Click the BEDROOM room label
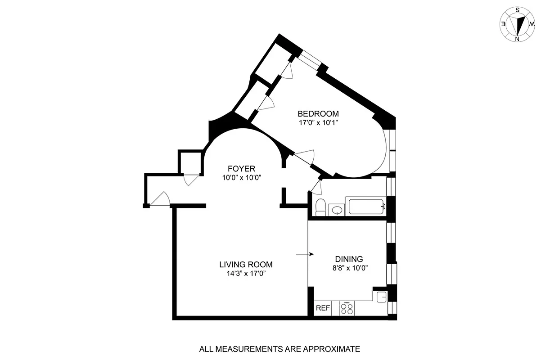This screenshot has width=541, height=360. [x=318, y=113]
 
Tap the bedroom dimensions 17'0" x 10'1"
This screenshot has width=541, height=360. [x=318, y=122]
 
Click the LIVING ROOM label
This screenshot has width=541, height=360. [x=246, y=265]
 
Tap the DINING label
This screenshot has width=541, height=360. [x=349, y=259]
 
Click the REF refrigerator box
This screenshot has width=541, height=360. [x=323, y=308]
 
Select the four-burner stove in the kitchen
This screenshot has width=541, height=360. [x=347, y=308]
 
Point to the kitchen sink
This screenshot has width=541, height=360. [x=381, y=296]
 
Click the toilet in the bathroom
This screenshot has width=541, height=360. [x=320, y=207]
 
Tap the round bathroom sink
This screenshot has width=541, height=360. [x=336, y=209]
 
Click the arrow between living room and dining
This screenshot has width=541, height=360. [x=305, y=254]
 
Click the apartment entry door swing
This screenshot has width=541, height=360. [x=160, y=199]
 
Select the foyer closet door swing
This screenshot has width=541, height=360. [x=191, y=180]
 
